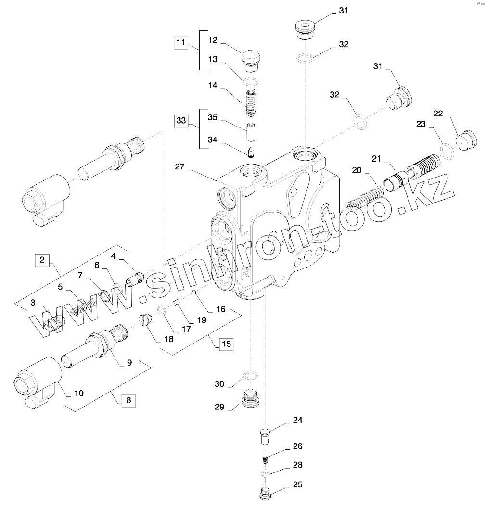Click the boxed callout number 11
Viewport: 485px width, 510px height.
point(181,43)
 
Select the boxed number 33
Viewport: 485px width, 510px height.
point(181,121)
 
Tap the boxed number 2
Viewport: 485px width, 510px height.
point(42,260)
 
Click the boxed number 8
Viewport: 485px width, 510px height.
point(128,399)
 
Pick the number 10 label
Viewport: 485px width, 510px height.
point(78,393)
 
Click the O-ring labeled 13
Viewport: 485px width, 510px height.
point(250,80)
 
